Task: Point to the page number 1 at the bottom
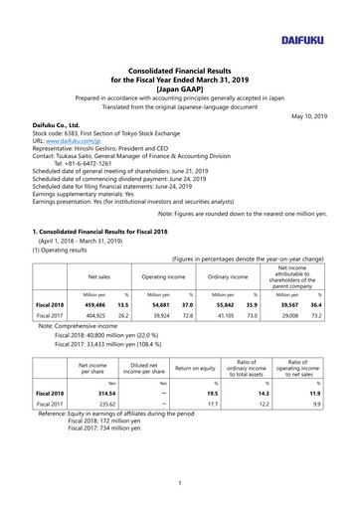(180, 484)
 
